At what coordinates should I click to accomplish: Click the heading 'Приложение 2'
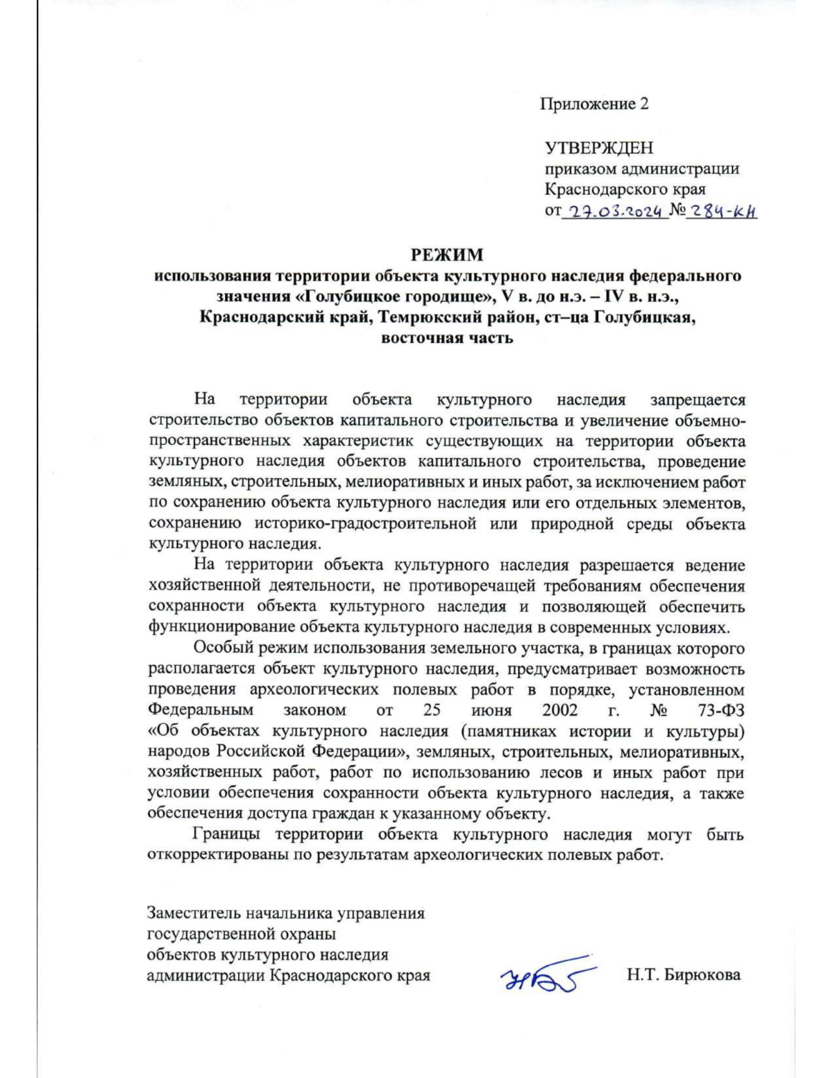pos(594,104)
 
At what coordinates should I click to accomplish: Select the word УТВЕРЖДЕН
pos(598,148)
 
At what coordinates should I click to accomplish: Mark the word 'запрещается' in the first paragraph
pos(698,400)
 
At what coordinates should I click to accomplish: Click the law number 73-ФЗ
pos(718,710)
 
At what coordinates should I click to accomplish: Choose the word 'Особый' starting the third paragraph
pos(219,648)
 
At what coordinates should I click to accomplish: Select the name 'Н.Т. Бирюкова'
pos(683,975)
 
